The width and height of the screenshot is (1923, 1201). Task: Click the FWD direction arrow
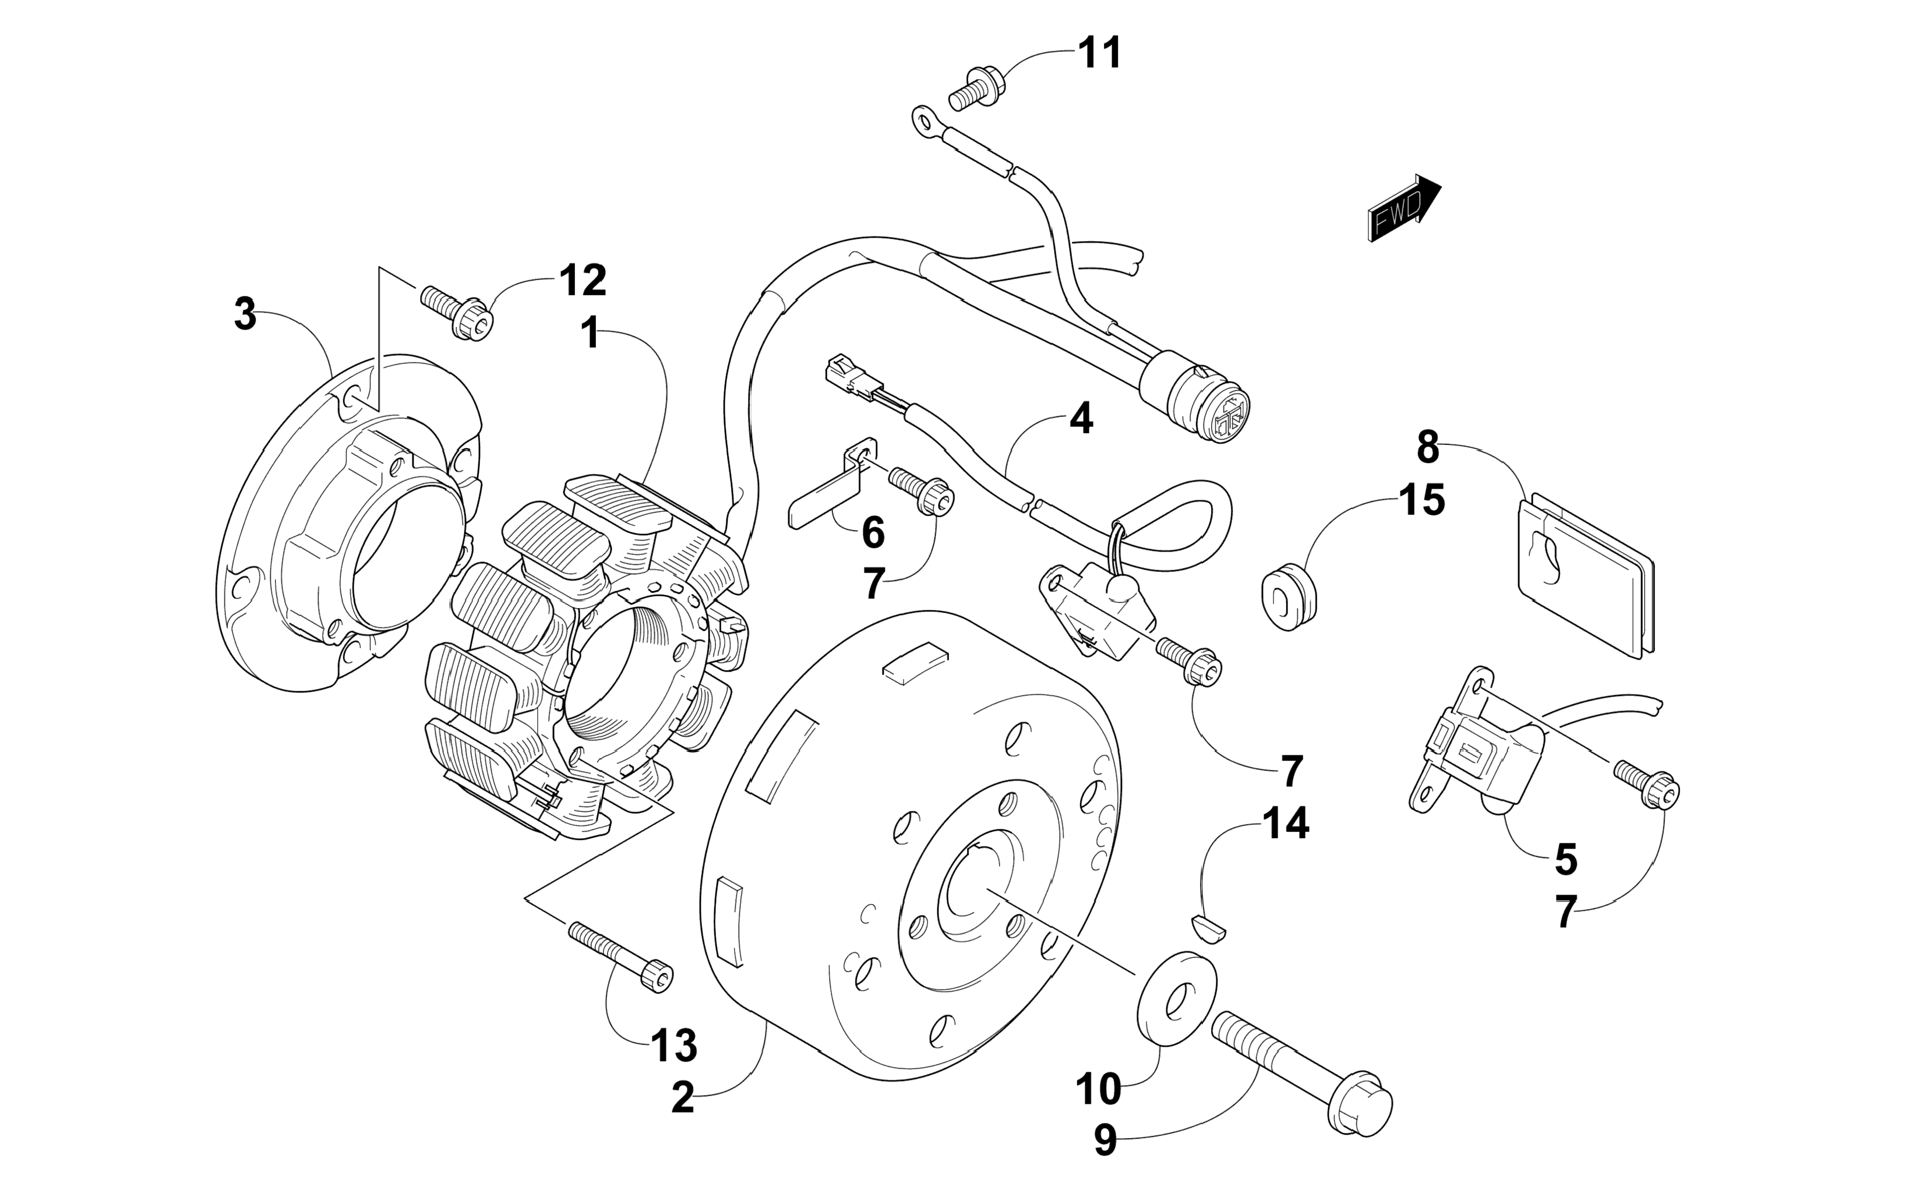click(1403, 208)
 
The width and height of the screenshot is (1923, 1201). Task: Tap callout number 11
click(1099, 53)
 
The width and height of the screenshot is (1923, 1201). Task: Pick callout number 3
click(245, 315)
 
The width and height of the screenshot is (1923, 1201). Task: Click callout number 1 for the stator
click(590, 333)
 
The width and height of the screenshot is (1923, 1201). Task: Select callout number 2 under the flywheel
click(682, 1098)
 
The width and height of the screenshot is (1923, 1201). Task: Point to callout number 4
click(1080, 419)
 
